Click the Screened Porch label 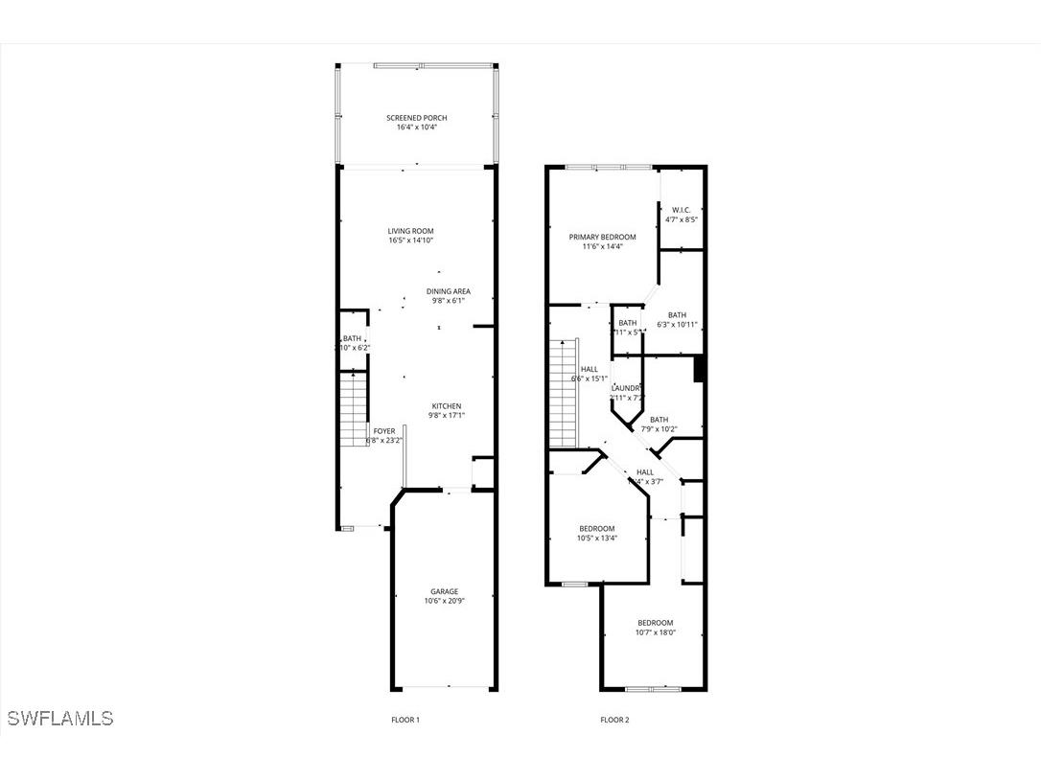click(x=416, y=118)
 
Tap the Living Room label click(x=410, y=231)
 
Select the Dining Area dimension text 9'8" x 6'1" click(x=448, y=301)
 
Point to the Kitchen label click(x=446, y=405)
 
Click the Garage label click(x=443, y=591)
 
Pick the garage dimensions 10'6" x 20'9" click(x=443, y=602)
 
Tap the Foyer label click(x=383, y=431)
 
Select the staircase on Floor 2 click(x=564, y=393)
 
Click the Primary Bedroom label click(x=602, y=237)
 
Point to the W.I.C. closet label click(x=681, y=210)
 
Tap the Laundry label click(x=627, y=388)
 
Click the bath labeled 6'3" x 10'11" click(x=677, y=315)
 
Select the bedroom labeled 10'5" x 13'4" click(x=596, y=528)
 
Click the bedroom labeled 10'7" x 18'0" click(x=655, y=622)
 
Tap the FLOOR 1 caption click(x=405, y=720)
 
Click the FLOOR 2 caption click(x=614, y=720)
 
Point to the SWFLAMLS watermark click(x=59, y=718)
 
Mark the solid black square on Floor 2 click(x=699, y=369)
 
